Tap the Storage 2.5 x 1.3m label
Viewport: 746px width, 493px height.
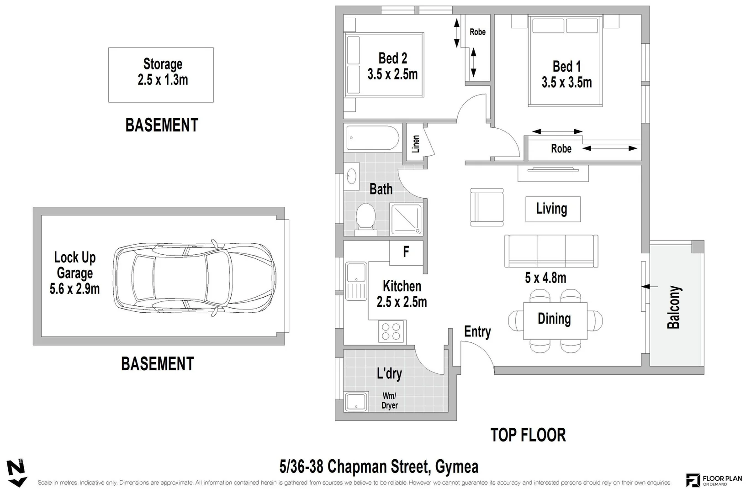click(x=163, y=72)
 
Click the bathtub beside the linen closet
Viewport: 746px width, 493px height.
click(x=373, y=137)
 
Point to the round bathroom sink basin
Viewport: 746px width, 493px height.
click(x=352, y=177)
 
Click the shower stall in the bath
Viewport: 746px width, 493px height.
click(x=406, y=219)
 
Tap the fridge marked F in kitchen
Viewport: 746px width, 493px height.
click(x=406, y=252)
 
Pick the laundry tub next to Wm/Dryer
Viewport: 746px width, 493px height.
click(x=356, y=402)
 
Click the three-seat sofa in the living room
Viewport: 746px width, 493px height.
click(x=551, y=251)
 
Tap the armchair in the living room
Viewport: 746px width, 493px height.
click(x=487, y=207)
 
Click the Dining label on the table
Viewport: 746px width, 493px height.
click(x=554, y=319)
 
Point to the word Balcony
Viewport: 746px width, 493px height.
click(x=674, y=307)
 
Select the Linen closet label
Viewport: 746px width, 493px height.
click(x=415, y=144)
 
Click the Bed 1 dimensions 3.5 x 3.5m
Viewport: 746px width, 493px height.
click(x=566, y=83)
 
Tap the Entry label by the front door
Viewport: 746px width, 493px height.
click(x=477, y=332)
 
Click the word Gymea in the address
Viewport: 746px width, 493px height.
click(x=457, y=467)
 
